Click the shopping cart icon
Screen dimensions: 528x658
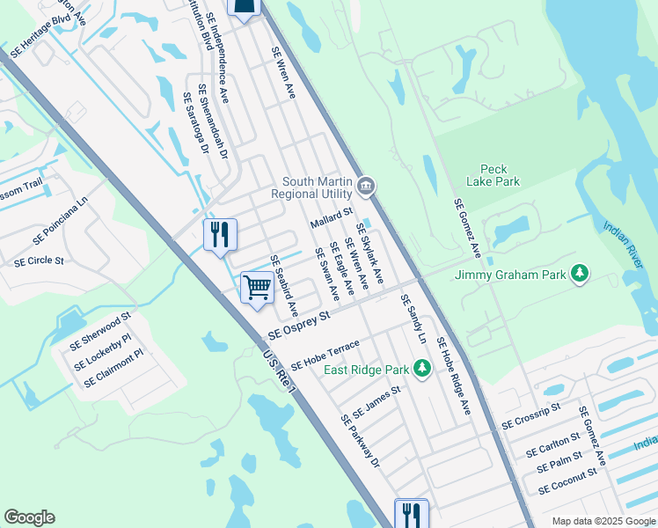point(257,286)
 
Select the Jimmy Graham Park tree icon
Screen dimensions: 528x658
point(580,275)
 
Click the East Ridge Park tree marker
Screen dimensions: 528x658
point(422,368)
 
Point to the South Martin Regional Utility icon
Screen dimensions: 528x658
point(367,187)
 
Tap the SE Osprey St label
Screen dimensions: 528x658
point(299,325)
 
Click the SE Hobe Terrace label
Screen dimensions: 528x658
point(325,354)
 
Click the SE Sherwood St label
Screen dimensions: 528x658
point(101,327)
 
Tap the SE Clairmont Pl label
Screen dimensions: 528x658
point(113,369)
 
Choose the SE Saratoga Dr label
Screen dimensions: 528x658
point(194,124)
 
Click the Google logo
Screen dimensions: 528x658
point(29,518)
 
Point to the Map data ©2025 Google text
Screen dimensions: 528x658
point(603,521)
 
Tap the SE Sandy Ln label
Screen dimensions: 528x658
point(414,319)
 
